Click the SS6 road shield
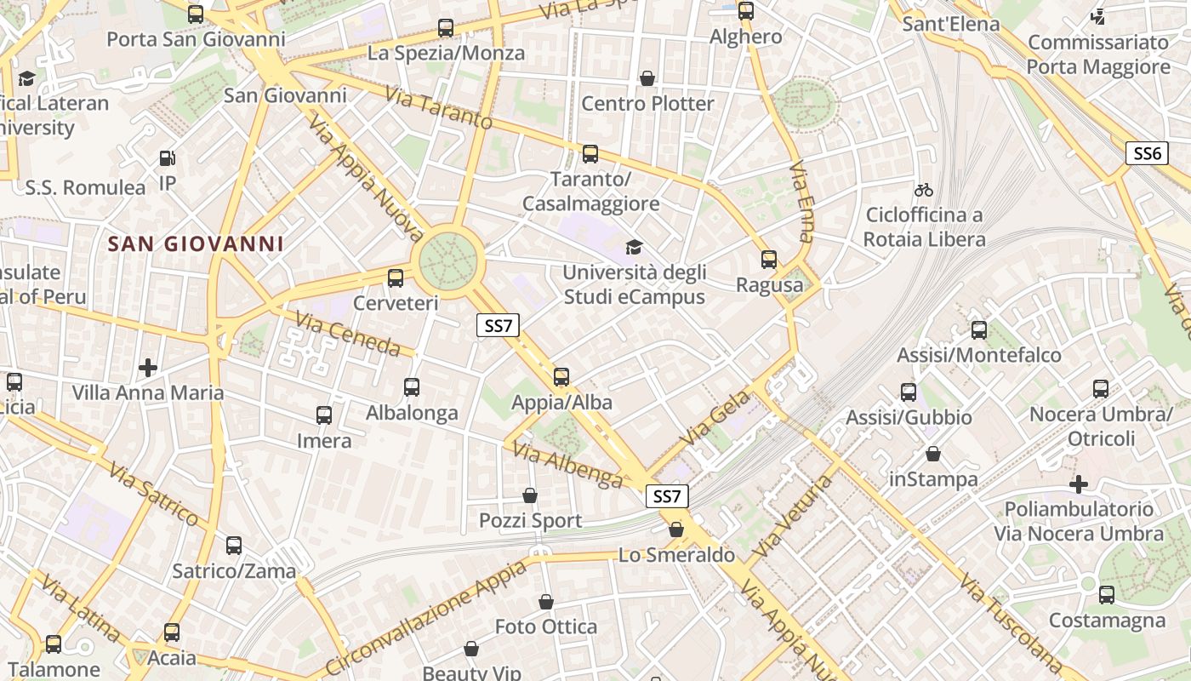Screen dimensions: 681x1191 point(1148,153)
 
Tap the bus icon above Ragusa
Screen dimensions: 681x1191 point(769,260)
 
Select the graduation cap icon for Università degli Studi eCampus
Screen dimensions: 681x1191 point(634,248)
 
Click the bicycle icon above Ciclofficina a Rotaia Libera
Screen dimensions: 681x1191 point(924,189)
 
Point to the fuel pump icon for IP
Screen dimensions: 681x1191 point(168,158)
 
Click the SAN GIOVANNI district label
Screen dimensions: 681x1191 point(196,244)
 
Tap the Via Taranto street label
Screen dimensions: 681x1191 point(438,108)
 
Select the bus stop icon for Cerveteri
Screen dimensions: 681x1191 point(396,278)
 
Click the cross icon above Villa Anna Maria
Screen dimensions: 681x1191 point(148,368)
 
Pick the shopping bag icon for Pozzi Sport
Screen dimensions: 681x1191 point(530,495)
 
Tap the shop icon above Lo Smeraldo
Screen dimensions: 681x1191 point(676,529)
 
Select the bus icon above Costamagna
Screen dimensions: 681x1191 point(1106,595)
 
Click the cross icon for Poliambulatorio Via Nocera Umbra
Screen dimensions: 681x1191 point(1079,484)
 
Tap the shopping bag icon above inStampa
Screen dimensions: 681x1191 point(933,454)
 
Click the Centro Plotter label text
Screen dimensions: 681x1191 point(647,104)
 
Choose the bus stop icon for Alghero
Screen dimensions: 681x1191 point(746,11)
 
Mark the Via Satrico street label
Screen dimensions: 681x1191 point(154,493)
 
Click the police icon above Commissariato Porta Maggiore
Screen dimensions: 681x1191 point(1098,16)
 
